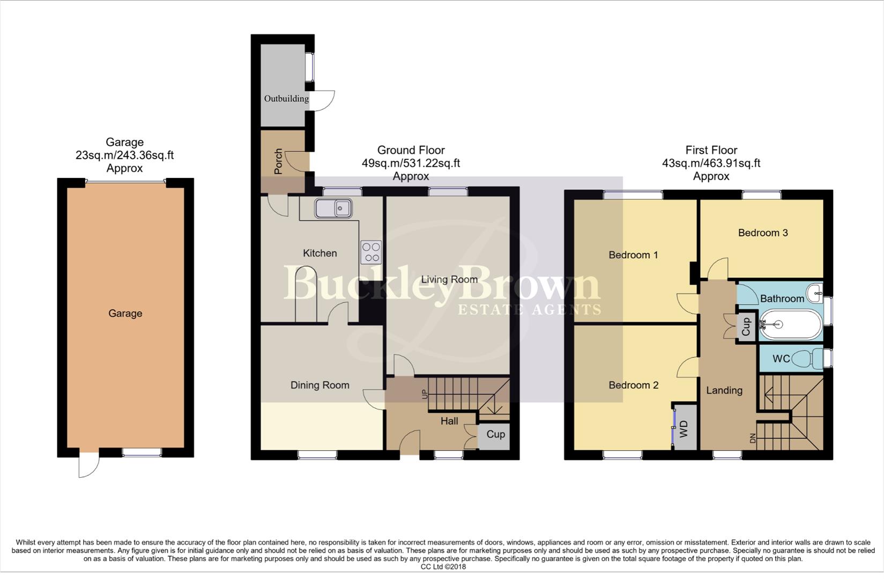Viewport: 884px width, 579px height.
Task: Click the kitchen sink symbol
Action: pos(333,209)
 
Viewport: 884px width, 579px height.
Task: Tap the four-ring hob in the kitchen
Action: pos(371,253)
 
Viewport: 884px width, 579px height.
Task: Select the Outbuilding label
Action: pos(286,99)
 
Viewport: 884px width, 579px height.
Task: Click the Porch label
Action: pos(278,161)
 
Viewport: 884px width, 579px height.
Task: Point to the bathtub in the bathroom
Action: pos(790,324)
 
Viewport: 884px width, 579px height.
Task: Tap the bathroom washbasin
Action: pos(815,292)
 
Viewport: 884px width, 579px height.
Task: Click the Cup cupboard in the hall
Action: pos(495,434)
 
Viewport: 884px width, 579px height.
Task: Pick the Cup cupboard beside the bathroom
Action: pos(746,326)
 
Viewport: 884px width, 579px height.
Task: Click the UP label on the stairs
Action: pos(425,395)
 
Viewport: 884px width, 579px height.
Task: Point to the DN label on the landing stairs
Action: pos(752,438)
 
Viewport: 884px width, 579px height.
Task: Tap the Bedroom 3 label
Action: pos(762,233)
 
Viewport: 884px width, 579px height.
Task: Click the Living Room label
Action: pos(449,279)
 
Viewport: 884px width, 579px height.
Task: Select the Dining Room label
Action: pos(320,385)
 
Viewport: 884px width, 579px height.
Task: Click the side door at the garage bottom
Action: pos(88,464)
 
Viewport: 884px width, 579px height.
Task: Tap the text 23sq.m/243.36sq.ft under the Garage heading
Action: pos(124,155)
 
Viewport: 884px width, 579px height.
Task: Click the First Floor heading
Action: pos(711,150)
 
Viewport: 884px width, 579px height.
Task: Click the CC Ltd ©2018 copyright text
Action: pos(443,567)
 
